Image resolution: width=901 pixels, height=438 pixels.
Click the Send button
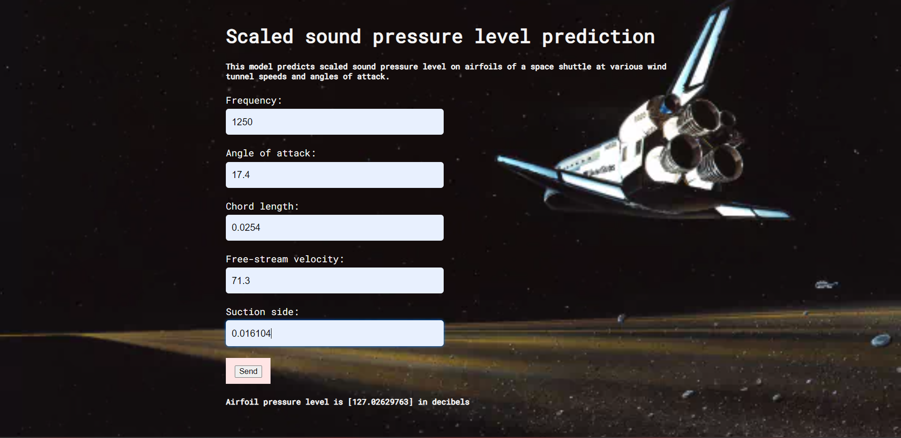point(248,371)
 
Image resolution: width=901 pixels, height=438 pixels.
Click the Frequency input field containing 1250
point(335,122)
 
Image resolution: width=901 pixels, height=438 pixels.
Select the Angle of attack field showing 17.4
point(335,175)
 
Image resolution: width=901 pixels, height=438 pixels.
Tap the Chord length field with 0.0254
point(335,227)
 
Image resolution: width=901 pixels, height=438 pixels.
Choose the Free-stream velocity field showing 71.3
point(335,281)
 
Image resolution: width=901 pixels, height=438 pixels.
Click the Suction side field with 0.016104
point(335,333)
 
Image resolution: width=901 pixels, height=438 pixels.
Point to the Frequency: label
point(254,100)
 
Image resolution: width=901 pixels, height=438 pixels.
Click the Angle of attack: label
point(271,153)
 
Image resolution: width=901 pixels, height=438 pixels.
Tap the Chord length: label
point(262,206)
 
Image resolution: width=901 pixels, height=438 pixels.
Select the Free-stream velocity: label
point(285,259)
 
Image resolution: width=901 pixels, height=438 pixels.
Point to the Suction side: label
point(262,312)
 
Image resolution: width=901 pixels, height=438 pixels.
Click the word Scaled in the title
point(259,37)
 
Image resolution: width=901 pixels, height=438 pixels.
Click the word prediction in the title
point(598,37)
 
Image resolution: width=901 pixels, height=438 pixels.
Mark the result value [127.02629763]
point(380,402)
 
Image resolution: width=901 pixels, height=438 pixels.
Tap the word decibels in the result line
point(450,402)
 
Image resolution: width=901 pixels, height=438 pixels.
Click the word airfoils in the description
point(483,67)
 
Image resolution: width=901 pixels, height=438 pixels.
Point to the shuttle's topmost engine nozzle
point(701,115)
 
